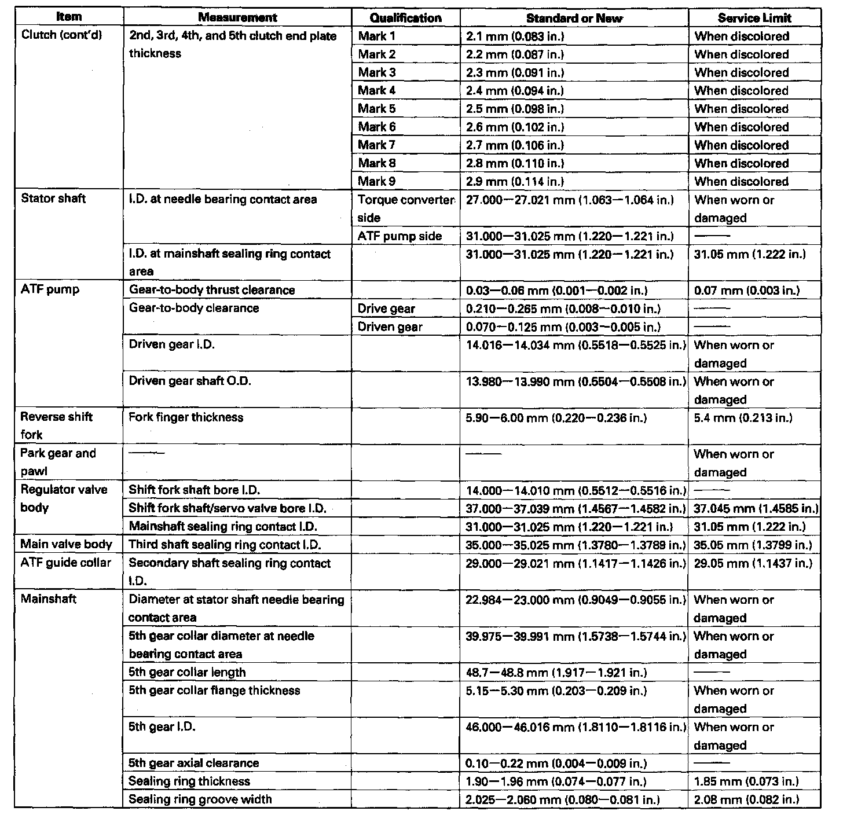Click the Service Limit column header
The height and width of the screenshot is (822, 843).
754,18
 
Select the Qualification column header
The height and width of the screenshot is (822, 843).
405,18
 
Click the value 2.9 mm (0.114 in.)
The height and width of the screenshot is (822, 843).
515,182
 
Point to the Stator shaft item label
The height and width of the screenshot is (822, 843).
53,199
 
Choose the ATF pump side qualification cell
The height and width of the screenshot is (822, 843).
399,236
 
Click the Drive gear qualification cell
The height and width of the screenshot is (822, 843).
386,309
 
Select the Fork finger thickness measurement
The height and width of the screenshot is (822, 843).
186,417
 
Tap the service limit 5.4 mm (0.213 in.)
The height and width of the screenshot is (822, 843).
743,417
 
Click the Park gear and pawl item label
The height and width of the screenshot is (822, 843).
58,462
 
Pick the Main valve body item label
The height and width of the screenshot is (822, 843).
66,545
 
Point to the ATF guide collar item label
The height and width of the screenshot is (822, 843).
65,563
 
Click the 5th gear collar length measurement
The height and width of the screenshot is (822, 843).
187,672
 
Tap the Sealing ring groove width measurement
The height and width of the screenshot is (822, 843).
200,799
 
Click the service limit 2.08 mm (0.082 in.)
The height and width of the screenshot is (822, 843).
746,799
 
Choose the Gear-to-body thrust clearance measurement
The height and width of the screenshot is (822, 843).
212,290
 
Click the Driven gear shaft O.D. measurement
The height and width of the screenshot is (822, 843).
190,381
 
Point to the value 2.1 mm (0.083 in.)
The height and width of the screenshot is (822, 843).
515,36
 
